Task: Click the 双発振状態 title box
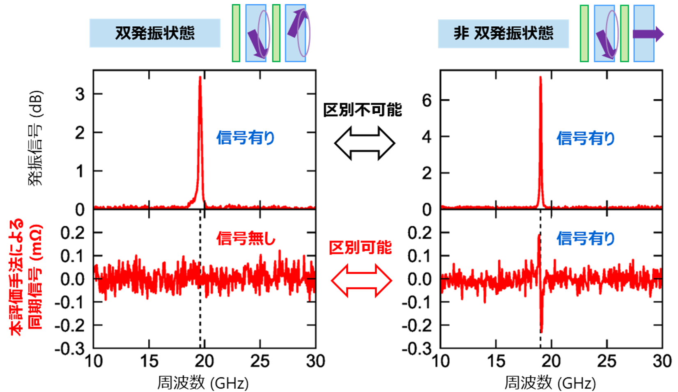(x=155, y=33)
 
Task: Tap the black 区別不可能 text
(x=363, y=110)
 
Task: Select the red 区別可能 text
(x=361, y=248)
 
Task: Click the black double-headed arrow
(x=364, y=143)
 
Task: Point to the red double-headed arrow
(x=361, y=281)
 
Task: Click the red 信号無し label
(x=246, y=238)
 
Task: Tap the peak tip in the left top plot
(x=200, y=77)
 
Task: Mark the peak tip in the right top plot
(x=540, y=77)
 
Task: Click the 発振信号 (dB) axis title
(x=35, y=138)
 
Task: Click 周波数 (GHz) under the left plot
(x=203, y=383)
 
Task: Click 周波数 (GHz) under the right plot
(x=550, y=383)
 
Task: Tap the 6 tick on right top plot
(x=427, y=100)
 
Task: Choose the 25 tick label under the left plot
(x=260, y=361)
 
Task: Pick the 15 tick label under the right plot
(x=496, y=361)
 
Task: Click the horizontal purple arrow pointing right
(x=648, y=34)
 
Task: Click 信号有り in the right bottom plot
(x=586, y=238)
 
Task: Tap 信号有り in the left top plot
(x=246, y=138)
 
